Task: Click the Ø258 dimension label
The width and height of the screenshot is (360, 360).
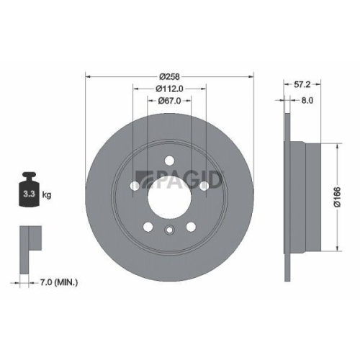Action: [170, 76]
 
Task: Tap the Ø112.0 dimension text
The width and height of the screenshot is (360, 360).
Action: [170, 89]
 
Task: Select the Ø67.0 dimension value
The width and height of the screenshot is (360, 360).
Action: [170, 102]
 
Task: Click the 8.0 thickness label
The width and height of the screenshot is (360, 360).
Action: [307, 102]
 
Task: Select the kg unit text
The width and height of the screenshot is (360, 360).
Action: [45, 194]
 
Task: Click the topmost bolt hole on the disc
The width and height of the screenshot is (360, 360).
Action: [170, 161]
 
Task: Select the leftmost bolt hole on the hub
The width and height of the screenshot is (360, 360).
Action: [137, 185]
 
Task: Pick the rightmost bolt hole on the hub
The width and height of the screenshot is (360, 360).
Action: [204, 185]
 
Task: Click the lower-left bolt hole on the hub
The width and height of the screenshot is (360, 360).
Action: [149, 226]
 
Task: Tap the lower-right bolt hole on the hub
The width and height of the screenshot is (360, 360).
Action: [191, 226]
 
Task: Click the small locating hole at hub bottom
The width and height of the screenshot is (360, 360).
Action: [170, 230]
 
